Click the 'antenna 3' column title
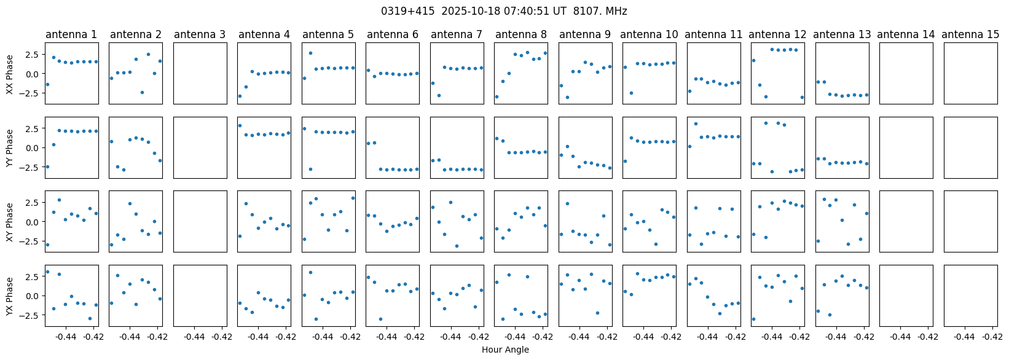200,34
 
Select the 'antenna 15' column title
970,34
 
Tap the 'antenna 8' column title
520,34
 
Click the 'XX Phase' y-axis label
9,74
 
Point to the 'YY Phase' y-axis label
9,148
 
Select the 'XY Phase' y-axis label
9,222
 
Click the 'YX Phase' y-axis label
9,296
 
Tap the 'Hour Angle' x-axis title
505,350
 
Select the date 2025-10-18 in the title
471,11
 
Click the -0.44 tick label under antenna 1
66,337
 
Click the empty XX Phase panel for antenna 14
906,73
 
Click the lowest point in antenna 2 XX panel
142,92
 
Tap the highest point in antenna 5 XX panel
310,53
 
